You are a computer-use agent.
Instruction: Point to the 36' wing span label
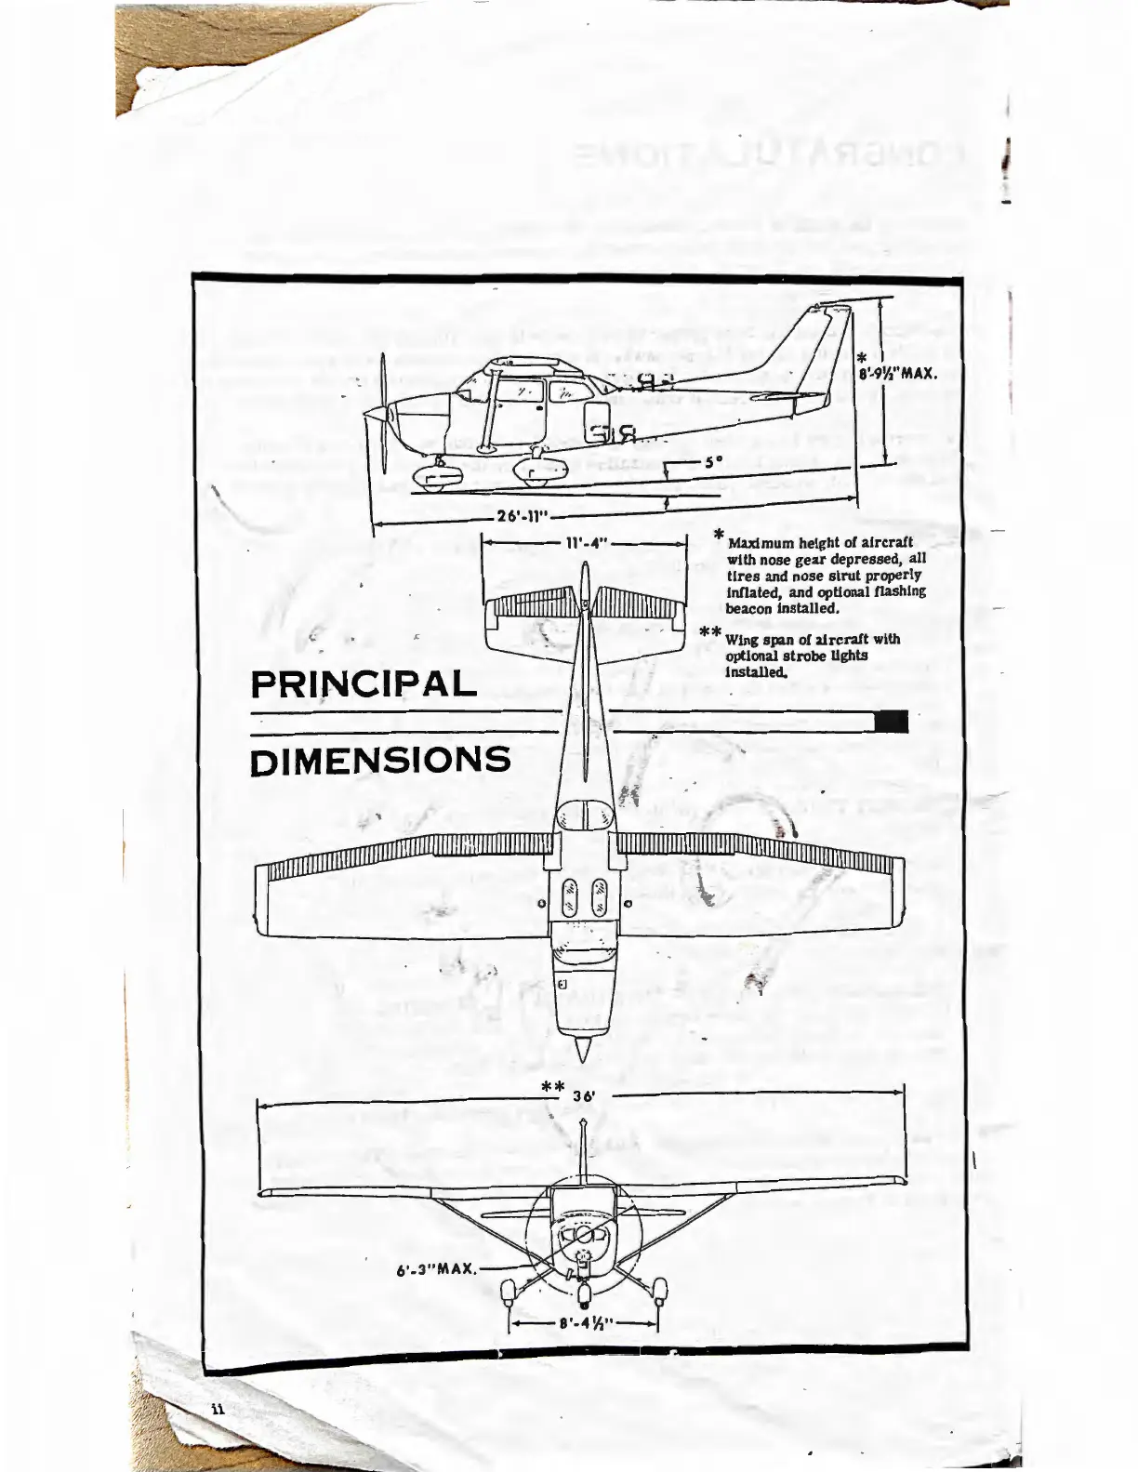(583, 1096)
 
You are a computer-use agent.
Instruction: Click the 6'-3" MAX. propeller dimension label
(436, 1267)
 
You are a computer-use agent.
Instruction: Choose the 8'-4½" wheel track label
(583, 1321)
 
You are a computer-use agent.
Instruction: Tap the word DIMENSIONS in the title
(380, 760)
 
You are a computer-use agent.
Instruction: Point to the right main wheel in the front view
(659, 1290)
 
